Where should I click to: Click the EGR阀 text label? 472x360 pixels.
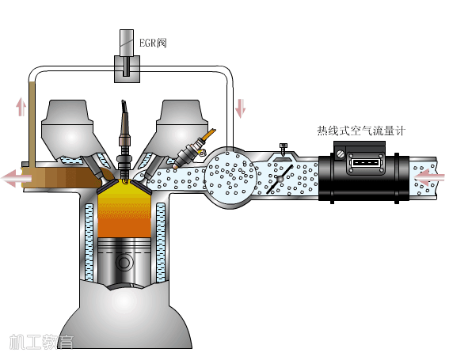[x=153, y=43]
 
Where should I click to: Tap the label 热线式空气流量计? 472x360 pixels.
[x=362, y=131]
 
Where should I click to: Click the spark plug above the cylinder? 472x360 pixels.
[x=124, y=141]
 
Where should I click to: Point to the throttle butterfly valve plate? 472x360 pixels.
[x=280, y=179]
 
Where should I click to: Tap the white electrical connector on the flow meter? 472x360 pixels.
[x=365, y=163]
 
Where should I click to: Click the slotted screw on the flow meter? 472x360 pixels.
[x=341, y=153]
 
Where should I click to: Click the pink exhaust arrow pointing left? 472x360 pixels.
[x=17, y=178]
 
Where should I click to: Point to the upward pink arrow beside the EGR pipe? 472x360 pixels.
[x=21, y=107]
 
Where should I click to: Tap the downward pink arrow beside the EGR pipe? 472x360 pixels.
[x=240, y=108]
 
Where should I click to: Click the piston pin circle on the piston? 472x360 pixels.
[x=124, y=263]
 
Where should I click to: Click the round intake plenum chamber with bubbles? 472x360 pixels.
[x=231, y=177]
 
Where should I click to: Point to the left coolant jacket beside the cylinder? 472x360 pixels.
[x=89, y=242]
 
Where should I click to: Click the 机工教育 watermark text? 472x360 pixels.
[x=41, y=342]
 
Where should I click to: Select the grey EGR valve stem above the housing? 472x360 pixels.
[x=127, y=42]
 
